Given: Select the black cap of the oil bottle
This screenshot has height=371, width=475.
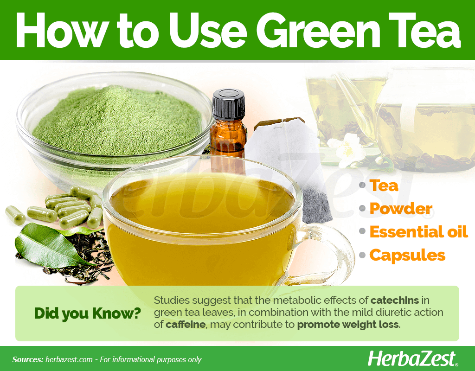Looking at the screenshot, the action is pyautogui.click(x=228, y=104).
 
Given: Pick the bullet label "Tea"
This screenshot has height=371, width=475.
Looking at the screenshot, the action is pyautogui.click(x=384, y=185).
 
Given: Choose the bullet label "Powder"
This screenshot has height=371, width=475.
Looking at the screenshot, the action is pyautogui.click(x=401, y=209).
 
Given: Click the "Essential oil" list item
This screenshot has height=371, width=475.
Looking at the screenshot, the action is pyautogui.click(x=419, y=232).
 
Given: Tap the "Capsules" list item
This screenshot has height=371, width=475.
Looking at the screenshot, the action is pyautogui.click(x=407, y=255).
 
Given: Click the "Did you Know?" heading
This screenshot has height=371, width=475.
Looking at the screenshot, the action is pyautogui.click(x=88, y=313).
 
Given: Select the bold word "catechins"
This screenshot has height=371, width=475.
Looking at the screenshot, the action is pyautogui.click(x=395, y=301).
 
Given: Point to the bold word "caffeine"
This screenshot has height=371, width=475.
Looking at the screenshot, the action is pyautogui.click(x=186, y=325).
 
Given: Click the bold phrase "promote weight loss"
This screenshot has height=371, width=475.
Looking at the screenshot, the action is pyautogui.click(x=348, y=325).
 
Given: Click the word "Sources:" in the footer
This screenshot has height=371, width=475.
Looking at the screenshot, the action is pyautogui.click(x=27, y=359).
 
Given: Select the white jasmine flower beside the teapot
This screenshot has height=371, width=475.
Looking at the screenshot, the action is pyautogui.click(x=348, y=150).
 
